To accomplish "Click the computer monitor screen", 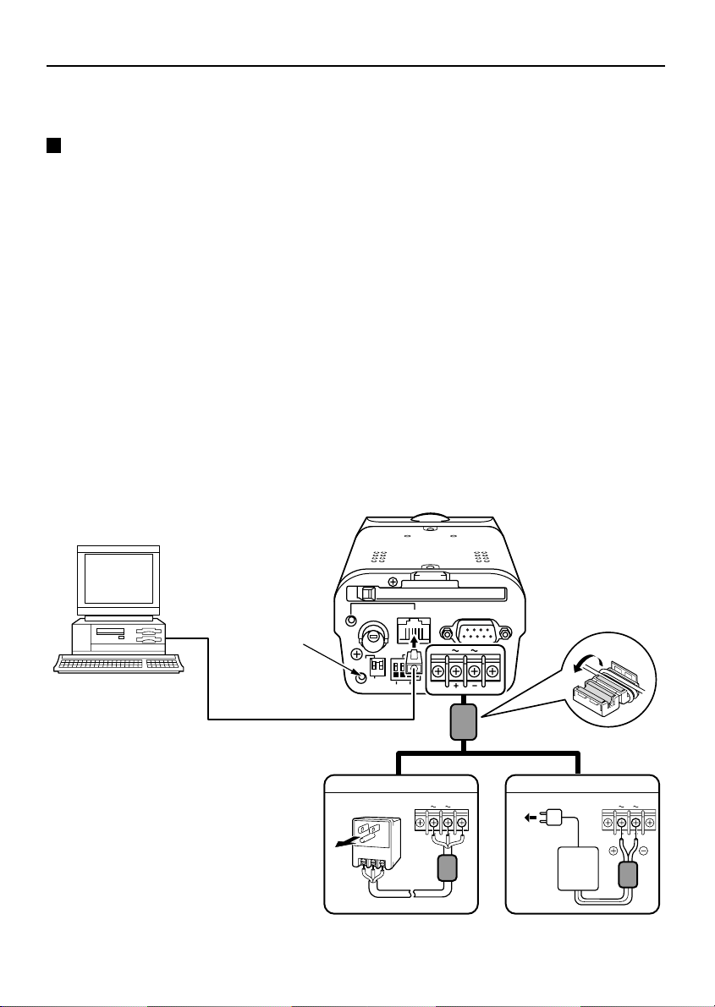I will point(118,583).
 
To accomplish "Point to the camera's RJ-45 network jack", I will point(414,632).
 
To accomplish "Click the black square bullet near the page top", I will point(53,145).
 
